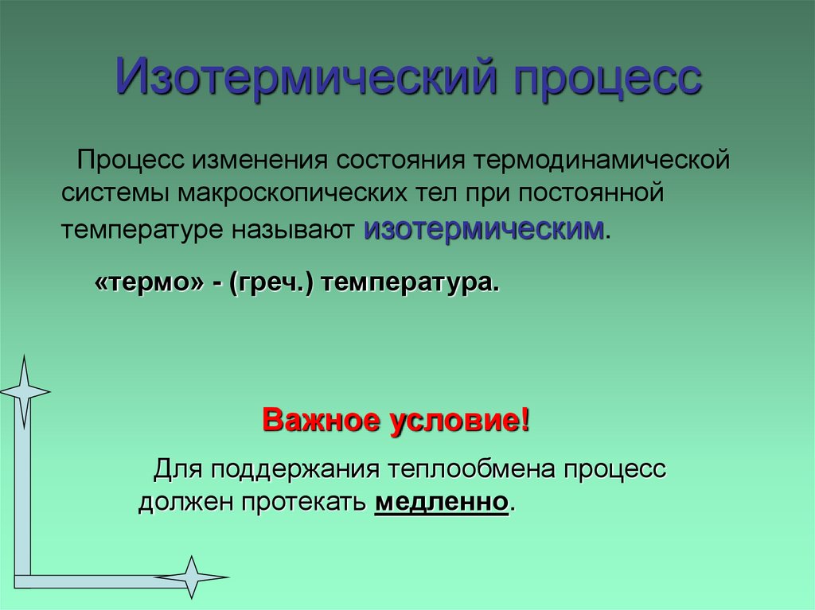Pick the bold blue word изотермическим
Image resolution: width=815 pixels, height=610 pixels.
tap(484, 229)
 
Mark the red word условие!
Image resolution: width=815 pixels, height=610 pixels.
tap(459, 420)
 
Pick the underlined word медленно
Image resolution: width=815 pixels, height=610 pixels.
tap(440, 503)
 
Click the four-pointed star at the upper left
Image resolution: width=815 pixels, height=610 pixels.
tap(24, 390)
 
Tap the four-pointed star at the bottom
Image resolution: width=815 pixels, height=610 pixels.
tap(191, 577)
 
